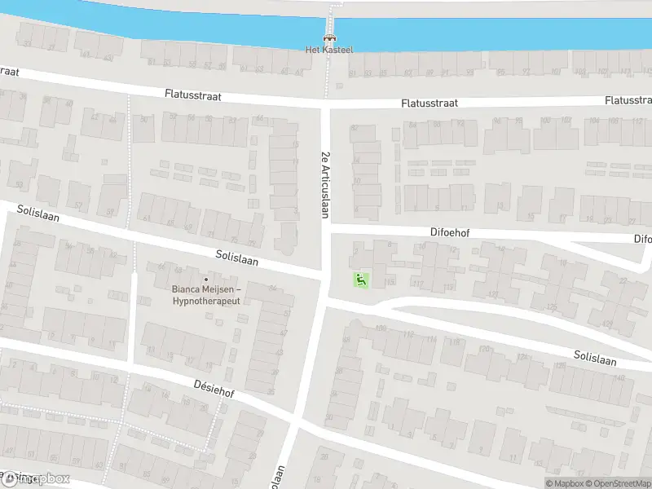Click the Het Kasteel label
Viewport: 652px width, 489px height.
click(x=328, y=50)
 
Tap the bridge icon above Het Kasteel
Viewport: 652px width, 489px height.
click(x=328, y=37)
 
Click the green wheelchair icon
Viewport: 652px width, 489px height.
click(x=359, y=280)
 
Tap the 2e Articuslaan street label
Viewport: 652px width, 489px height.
click(x=324, y=185)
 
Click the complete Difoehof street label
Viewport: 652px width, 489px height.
click(x=450, y=232)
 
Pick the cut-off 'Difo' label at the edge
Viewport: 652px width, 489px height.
click(x=643, y=239)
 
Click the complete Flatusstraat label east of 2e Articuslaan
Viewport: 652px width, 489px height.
click(x=430, y=104)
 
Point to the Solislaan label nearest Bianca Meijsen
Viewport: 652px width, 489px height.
click(x=237, y=258)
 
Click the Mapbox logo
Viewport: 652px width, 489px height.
click(x=36, y=479)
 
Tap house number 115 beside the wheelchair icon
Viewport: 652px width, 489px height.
click(x=390, y=282)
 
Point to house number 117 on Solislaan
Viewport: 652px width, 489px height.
click(x=418, y=284)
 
